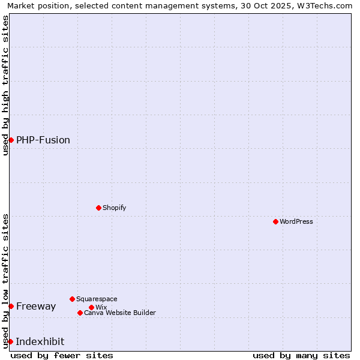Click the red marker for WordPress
coord(275,221)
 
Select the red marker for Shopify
coord(98,208)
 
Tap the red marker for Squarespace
coord(72,299)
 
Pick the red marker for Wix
coord(91,307)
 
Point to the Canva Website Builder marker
coord(80,313)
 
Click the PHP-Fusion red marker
coord(11,140)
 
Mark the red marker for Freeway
coord(11,306)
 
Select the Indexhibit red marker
coord(10,341)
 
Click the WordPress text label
coord(296,221)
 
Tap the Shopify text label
coord(114,208)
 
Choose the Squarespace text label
coord(97,299)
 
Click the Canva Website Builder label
coord(120,313)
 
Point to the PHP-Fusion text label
coord(43,140)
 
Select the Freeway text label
coord(36,306)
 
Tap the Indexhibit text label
coord(40,341)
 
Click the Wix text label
coord(101,307)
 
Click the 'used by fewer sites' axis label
coord(62,355)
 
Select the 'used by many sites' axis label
coord(301,355)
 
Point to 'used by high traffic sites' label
coord(5,85)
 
